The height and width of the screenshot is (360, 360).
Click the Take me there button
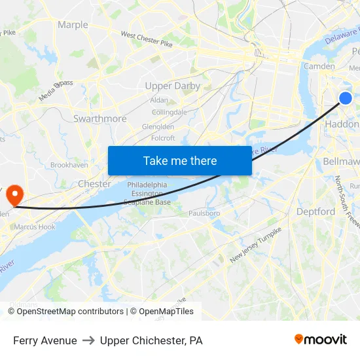coord(180,160)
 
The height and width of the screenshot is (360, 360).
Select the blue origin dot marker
coord(346,98)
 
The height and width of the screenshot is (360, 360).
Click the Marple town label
coord(73,25)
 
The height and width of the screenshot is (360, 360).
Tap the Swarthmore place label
coord(100,118)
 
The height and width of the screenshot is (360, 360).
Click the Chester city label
coord(94,184)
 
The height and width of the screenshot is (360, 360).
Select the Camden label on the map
coord(319,66)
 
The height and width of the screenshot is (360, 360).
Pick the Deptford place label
coord(315,211)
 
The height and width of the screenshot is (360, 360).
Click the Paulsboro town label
coord(204,213)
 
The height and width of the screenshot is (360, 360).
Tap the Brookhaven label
coord(69,165)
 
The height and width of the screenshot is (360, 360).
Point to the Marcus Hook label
coord(35,226)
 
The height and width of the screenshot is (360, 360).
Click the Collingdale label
coord(169,112)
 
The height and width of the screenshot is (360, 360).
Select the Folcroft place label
coord(163,138)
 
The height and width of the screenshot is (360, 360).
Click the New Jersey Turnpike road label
coord(256,245)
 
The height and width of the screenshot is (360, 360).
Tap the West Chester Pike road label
coord(147,39)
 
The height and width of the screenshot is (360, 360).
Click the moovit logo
coord(321,340)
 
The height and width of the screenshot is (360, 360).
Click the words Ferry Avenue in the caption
coord(45,340)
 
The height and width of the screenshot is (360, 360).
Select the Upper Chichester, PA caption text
coord(151,340)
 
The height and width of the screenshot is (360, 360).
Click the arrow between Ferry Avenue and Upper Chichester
coord(88,340)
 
